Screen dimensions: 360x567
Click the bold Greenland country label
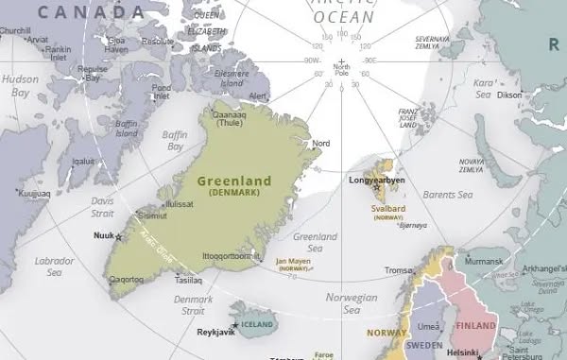click(233, 180)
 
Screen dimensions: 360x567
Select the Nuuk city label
click(104, 234)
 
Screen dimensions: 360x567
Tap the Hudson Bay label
click(20, 86)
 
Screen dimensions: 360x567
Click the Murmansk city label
click(484, 260)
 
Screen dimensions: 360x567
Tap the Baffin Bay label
click(176, 141)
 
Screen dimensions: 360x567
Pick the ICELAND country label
click(258, 324)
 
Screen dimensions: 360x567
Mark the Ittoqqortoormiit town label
click(232, 255)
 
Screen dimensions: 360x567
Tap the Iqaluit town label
click(83, 162)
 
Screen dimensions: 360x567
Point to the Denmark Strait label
click(193, 305)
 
